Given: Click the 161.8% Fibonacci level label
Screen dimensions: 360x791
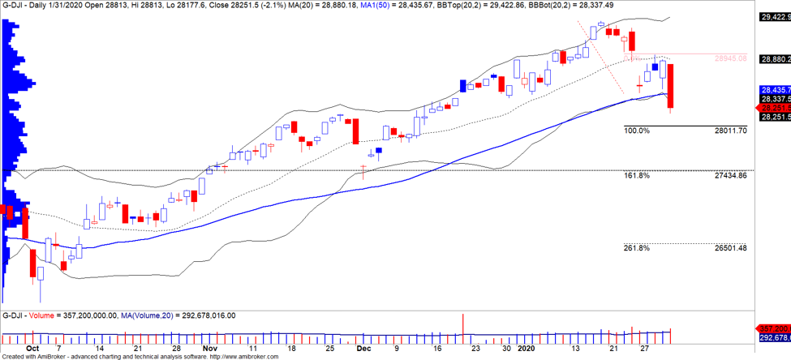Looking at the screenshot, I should pyautogui.click(x=637, y=175).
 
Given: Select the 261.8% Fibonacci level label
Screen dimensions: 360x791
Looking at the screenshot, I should pyautogui.click(x=637, y=248).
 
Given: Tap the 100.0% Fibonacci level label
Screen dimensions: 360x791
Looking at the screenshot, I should pyautogui.click(x=637, y=131).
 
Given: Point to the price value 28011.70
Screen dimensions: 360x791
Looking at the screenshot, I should pyautogui.click(x=730, y=131).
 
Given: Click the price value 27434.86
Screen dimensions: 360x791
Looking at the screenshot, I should pyautogui.click(x=730, y=175).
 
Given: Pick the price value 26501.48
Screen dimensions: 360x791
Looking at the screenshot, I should pyautogui.click(x=730, y=248).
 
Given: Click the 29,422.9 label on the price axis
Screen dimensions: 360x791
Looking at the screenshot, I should pyautogui.click(x=774, y=16).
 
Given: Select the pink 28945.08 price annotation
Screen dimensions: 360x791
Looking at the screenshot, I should pyautogui.click(x=730, y=58).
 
